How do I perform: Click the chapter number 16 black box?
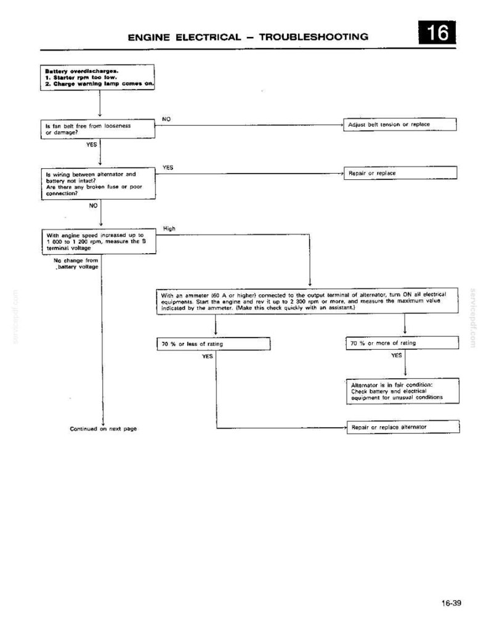coord(437,32)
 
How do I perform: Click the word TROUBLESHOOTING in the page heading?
coord(313,37)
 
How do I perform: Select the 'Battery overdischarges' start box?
coord(97,77)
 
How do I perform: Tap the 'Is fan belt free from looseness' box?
coord(98,129)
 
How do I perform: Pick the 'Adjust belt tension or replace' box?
coord(400,125)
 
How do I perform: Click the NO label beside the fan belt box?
coord(166,119)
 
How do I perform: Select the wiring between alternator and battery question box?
coord(99,183)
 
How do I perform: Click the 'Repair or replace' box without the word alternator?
coord(400,173)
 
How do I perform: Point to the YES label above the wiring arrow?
coord(168,167)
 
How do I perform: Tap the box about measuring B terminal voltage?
coord(99,242)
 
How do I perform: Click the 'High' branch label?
coord(169,228)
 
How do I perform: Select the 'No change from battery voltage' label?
coord(76,264)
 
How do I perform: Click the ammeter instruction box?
coord(307,300)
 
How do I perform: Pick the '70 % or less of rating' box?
coord(214,344)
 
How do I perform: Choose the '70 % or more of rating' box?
coord(402,343)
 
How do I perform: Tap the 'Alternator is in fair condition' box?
coord(403,391)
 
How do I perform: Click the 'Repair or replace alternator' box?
coord(403,427)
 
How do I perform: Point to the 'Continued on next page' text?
coord(103,429)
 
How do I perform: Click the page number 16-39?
coord(451,603)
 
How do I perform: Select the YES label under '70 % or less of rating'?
coord(208,357)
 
